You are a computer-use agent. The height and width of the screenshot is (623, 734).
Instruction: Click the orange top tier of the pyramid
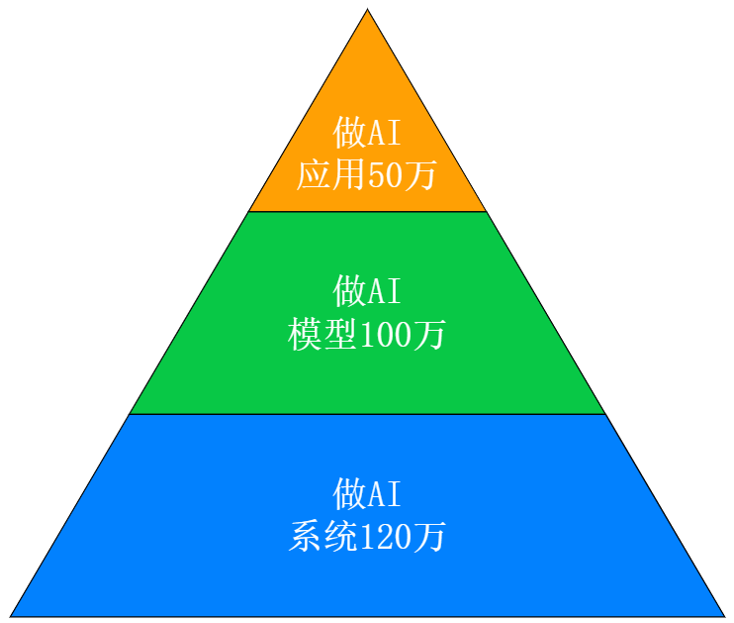tap(367, 89)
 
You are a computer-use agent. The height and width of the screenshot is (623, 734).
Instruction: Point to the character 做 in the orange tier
tap(350, 132)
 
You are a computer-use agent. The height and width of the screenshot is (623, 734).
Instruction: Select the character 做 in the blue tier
tap(350, 493)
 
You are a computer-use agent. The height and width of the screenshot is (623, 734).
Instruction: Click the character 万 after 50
tap(419, 175)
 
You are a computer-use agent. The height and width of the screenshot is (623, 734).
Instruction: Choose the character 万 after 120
tap(430, 537)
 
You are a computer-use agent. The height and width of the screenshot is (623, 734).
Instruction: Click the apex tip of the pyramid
tap(368, 13)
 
